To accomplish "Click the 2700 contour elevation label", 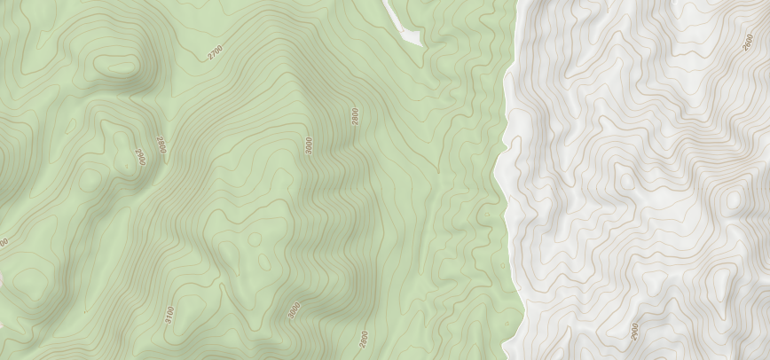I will pyautogui.click(x=216, y=52).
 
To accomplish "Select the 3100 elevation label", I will pyautogui.click(x=169, y=314).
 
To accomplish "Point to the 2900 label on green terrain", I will pyautogui.click(x=139, y=157).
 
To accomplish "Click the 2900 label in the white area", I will pyautogui.click(x=634, y=331).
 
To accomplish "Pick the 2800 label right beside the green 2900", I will pyautogui.click(x=161, y=145).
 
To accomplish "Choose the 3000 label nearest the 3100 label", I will pyautogui.click(x=295, y=311).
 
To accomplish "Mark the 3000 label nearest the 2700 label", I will pyautogui.click(x=308, y=145).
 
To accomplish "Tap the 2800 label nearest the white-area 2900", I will pyautogui.click(x=364, y=339).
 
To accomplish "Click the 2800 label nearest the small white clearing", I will pyautogui.click(x=355, y=116).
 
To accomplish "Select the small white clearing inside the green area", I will pyautogui.click(x=404, y=27).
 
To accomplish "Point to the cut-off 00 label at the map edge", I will pyautogui.click(x=4, y=243).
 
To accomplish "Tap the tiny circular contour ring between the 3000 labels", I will pyautogui.click(x=255, y=239).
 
